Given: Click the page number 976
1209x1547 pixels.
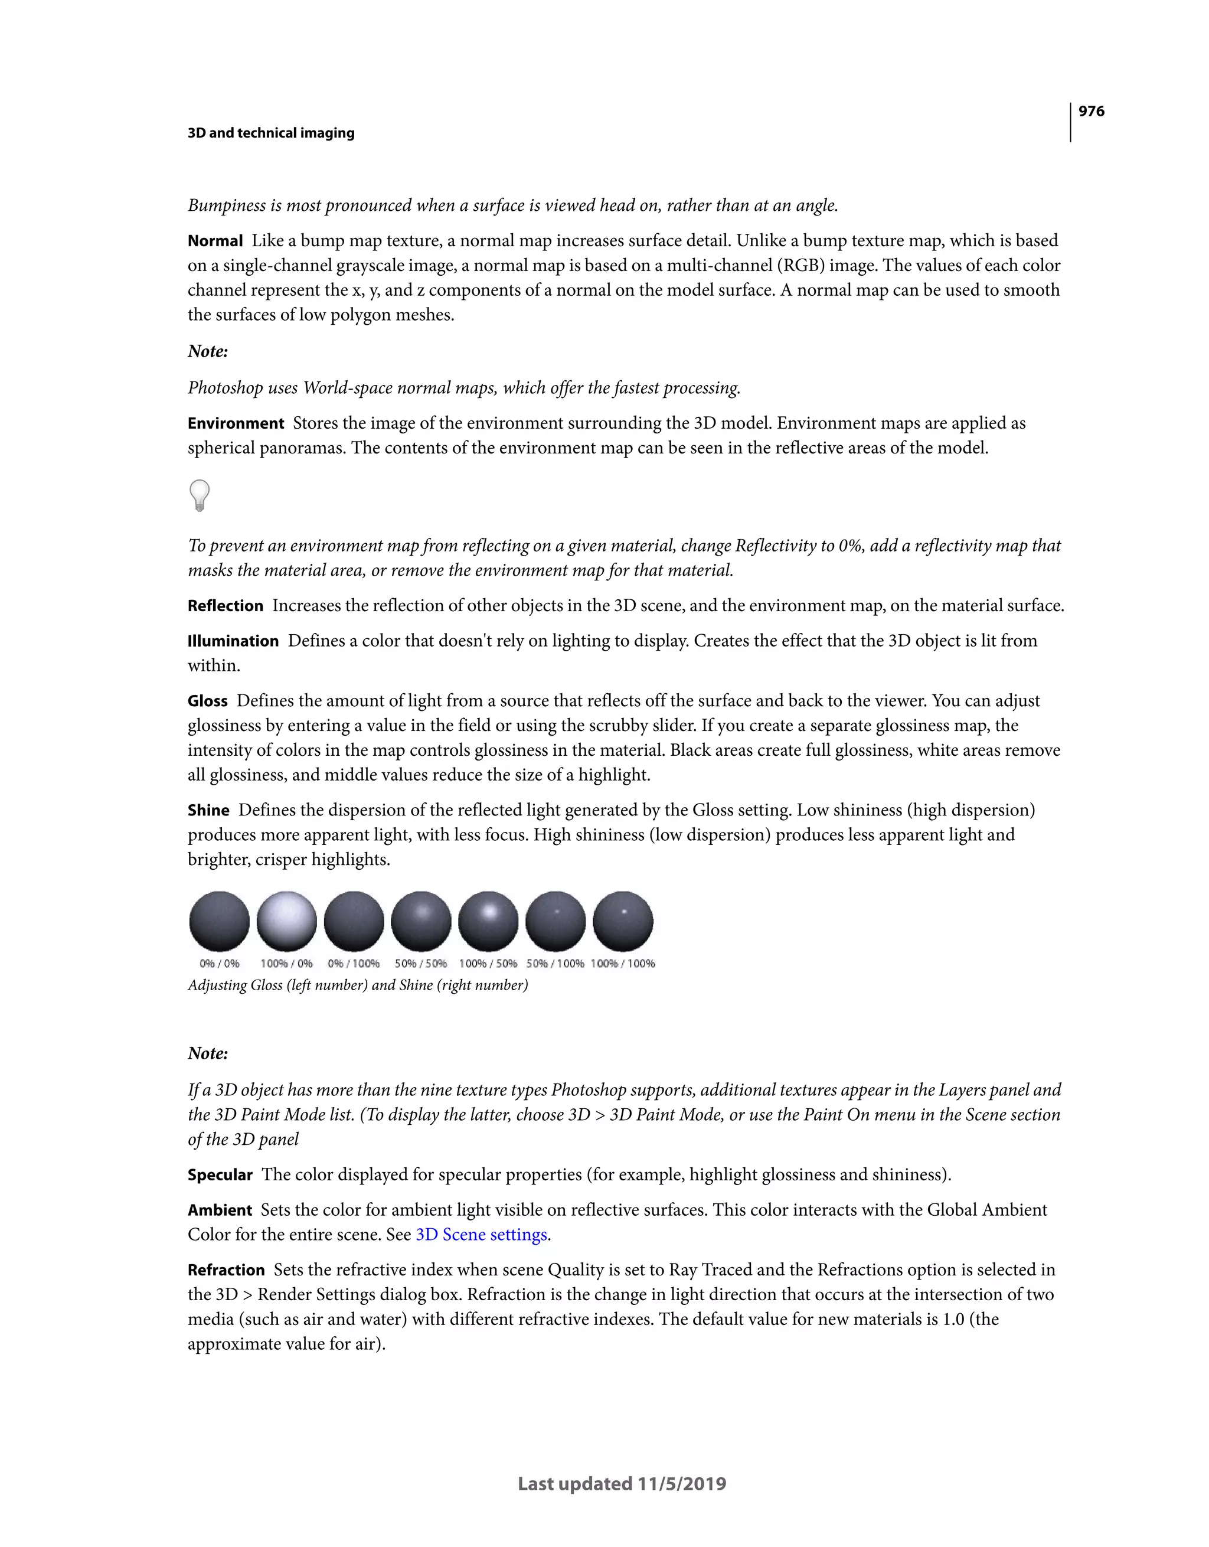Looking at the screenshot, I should click(1091, 111).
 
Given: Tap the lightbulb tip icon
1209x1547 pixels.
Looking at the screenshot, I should click(200, 495).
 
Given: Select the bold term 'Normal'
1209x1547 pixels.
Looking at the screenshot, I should click(215, 241).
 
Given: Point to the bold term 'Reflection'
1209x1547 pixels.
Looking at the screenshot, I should click(226, 606).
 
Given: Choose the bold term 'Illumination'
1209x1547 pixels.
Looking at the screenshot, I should click(233, 641).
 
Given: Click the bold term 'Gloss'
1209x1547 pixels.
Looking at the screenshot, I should click(208, 701).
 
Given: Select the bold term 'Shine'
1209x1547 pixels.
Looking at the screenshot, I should click(208, 810).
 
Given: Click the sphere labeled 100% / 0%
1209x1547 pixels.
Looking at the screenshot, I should click(286, 921).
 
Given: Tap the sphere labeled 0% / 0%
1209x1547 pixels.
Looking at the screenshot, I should click(220, 921).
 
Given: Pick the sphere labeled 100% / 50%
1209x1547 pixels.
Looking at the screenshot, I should click(488, 921).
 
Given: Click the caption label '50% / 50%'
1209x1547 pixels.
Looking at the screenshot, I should click(421, 964).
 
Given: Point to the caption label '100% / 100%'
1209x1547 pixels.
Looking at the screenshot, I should click(623, 964).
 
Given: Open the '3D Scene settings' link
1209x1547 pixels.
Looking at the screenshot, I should click(481, 1235).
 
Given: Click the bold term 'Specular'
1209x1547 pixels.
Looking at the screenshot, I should click(220, 1175).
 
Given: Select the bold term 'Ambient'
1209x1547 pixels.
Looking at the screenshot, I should click(220, 1210).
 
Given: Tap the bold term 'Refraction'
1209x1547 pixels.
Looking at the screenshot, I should click(226, 1270).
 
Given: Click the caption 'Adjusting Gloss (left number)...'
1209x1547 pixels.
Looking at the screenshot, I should click(358, 985).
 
